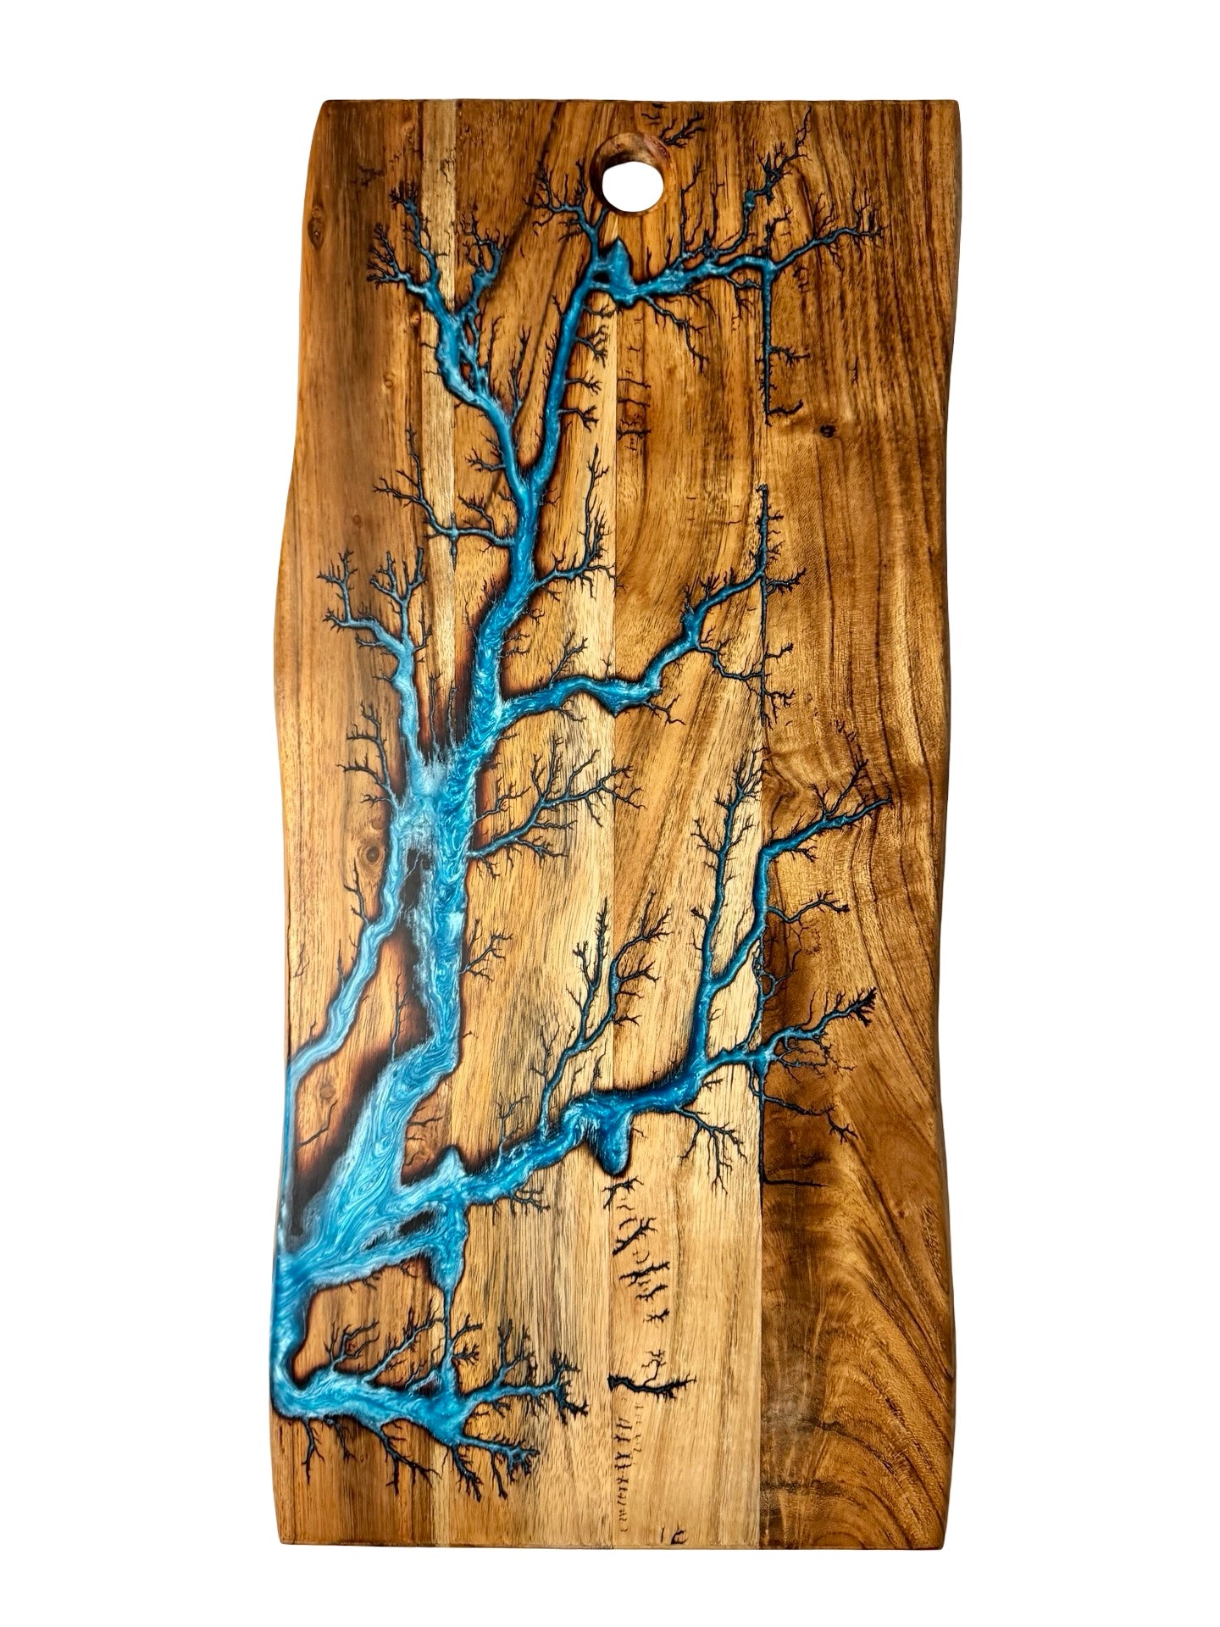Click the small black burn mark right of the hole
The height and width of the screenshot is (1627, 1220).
click(674, 131)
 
